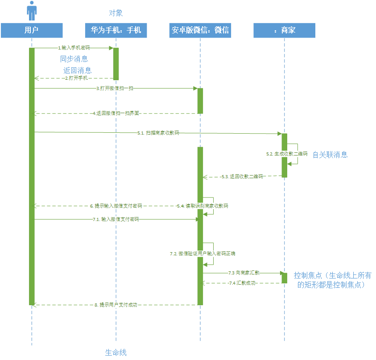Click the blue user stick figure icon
tap(31, 11)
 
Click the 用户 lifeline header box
tap(31, 30)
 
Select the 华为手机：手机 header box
tap(116, 30)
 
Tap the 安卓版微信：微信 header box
tap(200, 30)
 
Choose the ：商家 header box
tap(285, 30)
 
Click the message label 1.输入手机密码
tap(74, 47)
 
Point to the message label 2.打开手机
tap(76, 78)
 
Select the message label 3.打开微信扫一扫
tap(115, 88)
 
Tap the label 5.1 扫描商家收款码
tap(158, 133)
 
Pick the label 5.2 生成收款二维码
tap(287, 153)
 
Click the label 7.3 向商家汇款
tap(244, 272)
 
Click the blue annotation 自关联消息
tap(330, 155)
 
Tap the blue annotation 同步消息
tap(74, 59)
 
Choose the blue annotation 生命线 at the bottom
tap(116, 352)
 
